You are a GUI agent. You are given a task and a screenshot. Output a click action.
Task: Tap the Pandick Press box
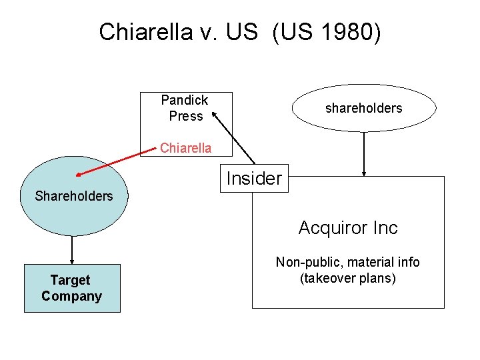click(188, 108)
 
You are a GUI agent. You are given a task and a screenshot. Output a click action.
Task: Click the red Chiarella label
click(185, 148)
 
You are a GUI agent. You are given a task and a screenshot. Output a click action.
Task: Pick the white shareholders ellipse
click(364, 108)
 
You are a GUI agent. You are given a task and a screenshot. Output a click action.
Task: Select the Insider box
click(254, 179)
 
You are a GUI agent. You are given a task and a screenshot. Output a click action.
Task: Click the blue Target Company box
click(72, 288)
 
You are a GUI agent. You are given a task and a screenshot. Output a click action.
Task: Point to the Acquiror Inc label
click(347, 228)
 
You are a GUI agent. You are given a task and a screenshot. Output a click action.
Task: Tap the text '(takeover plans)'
click(347, 278)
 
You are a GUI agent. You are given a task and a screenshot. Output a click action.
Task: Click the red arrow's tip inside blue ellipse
click(79, 175)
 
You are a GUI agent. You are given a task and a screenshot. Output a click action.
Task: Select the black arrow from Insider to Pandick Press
click(233, 138)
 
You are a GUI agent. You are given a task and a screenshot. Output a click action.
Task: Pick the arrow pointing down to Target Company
click(72, 250)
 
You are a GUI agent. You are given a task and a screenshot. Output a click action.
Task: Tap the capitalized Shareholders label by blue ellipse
click(74, 196)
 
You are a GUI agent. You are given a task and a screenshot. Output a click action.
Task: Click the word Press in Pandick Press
click(185, 116)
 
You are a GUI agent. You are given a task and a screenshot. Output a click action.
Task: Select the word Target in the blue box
click(70, 280)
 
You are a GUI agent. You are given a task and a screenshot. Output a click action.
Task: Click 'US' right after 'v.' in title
click(242, 31)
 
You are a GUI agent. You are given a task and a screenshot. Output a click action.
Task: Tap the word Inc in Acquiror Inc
click(383, 228)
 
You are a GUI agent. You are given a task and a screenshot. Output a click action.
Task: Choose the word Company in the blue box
click(71, 296)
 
